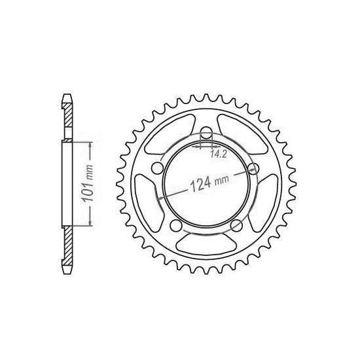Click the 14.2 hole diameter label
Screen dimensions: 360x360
point(219,156)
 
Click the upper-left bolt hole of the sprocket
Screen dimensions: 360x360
point(158,169)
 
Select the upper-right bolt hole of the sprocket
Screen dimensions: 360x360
point(253,168)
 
